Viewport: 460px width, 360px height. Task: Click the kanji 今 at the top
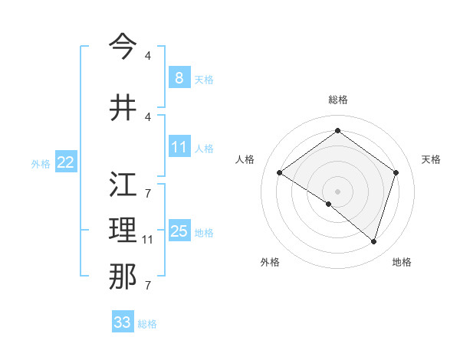pyautogui.click(x=123, y=46)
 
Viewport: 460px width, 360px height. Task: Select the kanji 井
pyautogui.click(x=123, y=107)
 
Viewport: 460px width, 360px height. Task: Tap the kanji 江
pyautogui.click(x=123, y=185)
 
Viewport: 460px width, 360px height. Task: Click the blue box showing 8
pyautogui.click(x=179, y=77)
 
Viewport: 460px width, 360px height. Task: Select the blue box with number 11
pyautogui.click(x=179, y=146)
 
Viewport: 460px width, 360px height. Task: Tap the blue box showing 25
pyautogui.click(x=179, y=231)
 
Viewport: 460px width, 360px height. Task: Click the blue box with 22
pyautogui.click(x=66, y=162)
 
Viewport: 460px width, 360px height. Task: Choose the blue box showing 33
pyautogui.click(x=122, y=322)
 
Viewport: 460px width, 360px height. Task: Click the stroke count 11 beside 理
pyautogui.click(x=148, y=241)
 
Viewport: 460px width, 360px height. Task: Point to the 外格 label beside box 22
pyautogui.click(x=40, y=163)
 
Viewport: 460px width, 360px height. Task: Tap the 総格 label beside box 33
pyautogui.click(x=147, y=324)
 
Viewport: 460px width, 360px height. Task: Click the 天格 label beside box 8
pyautogui.click(x=204, y=79)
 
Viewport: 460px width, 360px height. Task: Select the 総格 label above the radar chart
pyautogui.click(x=337, y=100)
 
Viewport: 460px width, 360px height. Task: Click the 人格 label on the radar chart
pyautogui.click(x=245, y=159)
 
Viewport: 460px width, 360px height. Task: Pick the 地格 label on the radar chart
pyautogui.click(x=402, y=262)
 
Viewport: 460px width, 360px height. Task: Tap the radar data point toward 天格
pyautogui.click(x=396, y=172)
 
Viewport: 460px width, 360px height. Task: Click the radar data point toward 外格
pyautogui.click(x=329, y=204)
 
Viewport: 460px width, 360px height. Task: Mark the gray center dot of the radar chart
pyautogui.click(x=337, y=191)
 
